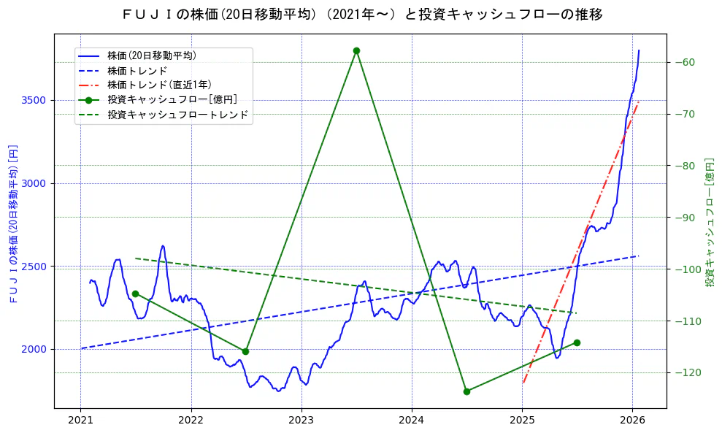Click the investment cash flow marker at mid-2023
pos(356,50)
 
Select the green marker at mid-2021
pos(135,294)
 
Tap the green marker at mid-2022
pos(245,351)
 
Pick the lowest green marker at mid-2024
pos(466,391)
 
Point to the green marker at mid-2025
pos(577,342)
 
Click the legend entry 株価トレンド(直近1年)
pos(159,85)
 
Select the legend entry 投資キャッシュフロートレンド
pos(177,115)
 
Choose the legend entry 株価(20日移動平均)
pos(151,55)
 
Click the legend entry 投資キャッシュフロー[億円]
pos(172,99)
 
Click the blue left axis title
pos(13,223)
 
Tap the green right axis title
pos(709,221)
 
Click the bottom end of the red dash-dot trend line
pos(523,383)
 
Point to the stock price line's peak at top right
pos(639,50)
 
